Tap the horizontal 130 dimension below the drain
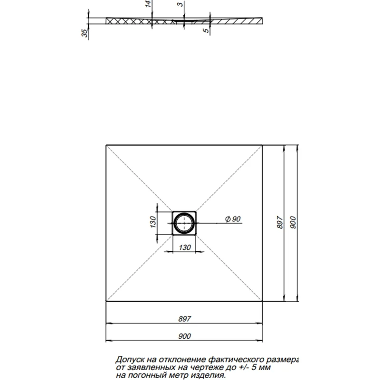pyautogui.click(x=184, y=247)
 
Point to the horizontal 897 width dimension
pyautogui.click(x=184, y=320)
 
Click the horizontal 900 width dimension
pyautogui.click(x=184, y=336)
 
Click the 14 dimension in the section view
pyautogui.click(x=148, y=4)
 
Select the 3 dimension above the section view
pyautogui.click(x=179, y=4)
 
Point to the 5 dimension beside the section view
pyautogui.click(x=205, y=30)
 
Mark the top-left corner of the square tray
pyautogui.click(x=106, y=145)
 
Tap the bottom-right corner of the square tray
pyautogui.click(x=262, y=301)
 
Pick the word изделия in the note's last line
pyautogui.click(x=209, y=375)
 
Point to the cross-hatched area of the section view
pyautogui.click(x=128, y=21)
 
